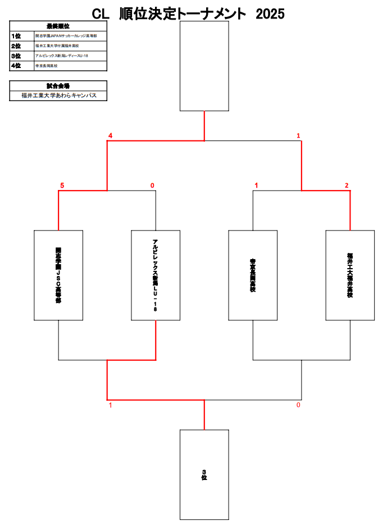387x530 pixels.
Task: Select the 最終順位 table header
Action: (58, 26)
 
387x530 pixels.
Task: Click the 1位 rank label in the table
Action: (16, 36)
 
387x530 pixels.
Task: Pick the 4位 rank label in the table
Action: (16, 66)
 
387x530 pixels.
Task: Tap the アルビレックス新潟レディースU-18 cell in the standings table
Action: (62, 56)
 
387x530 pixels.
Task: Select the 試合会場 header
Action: (58, 86)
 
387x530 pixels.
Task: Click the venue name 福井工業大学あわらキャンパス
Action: (58, 96)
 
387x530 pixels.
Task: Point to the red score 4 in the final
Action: (111, 136)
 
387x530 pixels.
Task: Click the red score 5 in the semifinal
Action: (62, 185)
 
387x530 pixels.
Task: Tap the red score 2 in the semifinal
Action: (347, 185)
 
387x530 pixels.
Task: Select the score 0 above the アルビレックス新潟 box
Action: (152, 185)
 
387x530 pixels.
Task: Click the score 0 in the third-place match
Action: (298, 405)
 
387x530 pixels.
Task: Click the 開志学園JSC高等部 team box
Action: (58, 275)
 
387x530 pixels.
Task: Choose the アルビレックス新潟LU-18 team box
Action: (156, 275)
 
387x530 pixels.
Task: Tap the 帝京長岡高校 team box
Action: (253, 275)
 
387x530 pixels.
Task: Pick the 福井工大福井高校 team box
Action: (350, 275)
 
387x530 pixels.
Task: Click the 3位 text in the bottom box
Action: (204, 474)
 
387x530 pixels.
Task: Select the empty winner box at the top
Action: (204, 66)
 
